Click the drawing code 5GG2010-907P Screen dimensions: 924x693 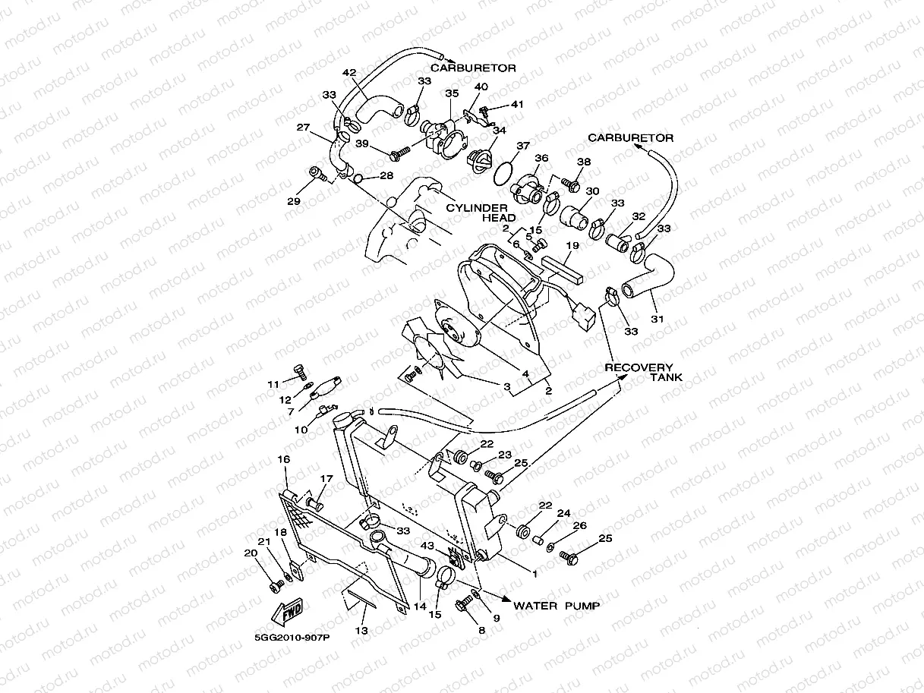pos(292,638)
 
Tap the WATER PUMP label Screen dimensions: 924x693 pos(557,606)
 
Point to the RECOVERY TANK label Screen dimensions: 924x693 pos(643,373)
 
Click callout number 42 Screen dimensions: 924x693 pos(349,73)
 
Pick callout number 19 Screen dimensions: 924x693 pos(572,245)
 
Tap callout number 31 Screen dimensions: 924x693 pos(657,320)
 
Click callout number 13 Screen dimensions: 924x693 pos(361,630)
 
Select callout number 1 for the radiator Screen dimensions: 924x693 pos(535,574)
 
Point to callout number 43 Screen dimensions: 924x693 pos(427,546)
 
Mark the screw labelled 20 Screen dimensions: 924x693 pos(276,585)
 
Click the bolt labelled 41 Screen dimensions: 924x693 pos(484,112)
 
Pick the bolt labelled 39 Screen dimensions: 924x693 pos(399,153)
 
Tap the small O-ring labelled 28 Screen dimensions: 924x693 pos(358,179)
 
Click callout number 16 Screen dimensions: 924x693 pos(284,459)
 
